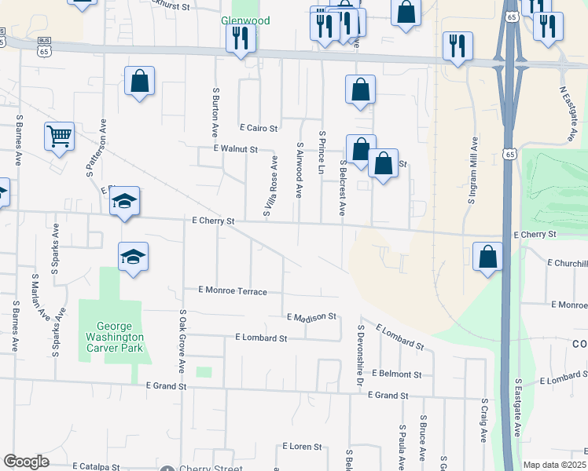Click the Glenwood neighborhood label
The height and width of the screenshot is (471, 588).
tap(245, 20)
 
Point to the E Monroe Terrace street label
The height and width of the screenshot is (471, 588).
tap(233, 290)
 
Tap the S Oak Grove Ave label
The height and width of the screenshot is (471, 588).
tap(182, 341)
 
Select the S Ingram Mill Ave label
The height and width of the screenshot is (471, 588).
tap(472, 172)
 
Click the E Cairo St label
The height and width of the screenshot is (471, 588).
tap(258, 128)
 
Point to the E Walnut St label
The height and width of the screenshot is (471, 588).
tap(235, 148)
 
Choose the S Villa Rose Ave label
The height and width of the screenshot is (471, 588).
tap(270, 186)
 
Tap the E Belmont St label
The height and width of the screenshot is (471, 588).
tap(397, 374)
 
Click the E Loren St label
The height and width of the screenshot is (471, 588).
tap(301, 446)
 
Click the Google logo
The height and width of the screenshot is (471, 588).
tap(26, 462)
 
